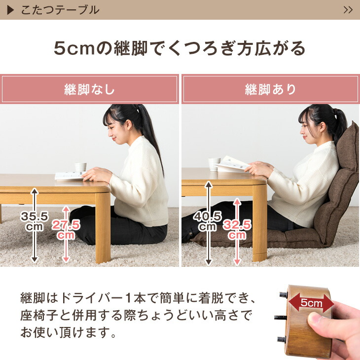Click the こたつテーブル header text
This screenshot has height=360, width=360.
pos(60,10)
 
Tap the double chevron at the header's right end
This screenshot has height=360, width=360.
pos(348,10)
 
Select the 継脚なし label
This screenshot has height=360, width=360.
pos(89,90)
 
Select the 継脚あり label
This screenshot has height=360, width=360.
pos(271,90)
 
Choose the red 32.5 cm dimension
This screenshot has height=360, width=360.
pos(236,229)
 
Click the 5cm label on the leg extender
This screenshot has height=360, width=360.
pos(312,303)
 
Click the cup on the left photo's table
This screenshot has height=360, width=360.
pos(80,168)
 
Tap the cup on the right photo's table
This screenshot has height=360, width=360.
pos(214,164)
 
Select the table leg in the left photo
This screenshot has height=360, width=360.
pos(103,227)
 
